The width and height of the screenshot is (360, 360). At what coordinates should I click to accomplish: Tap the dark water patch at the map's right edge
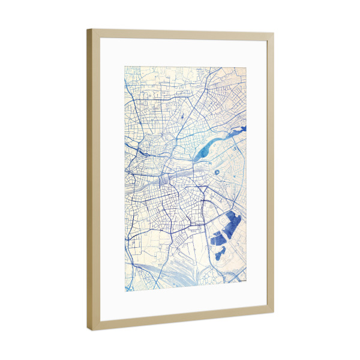(x=240, y=129)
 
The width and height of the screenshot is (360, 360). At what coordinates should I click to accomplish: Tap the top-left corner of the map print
(x=125, y=65)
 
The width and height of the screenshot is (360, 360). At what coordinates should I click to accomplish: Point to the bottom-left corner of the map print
(x=125, y=292)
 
